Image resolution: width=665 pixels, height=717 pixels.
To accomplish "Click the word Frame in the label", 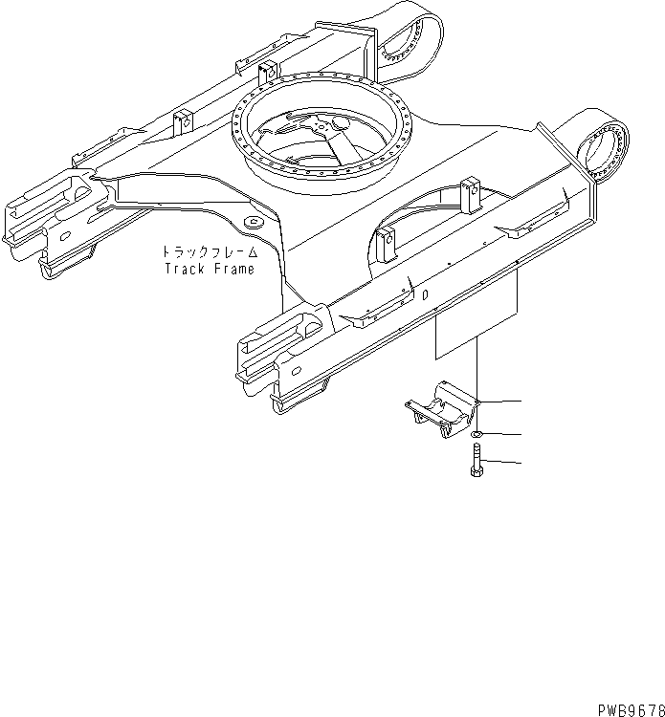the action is [234, 270].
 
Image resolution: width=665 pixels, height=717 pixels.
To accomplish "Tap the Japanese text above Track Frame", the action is [208, 252].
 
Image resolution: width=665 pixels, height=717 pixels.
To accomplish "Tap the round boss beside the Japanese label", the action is [254, 222].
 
